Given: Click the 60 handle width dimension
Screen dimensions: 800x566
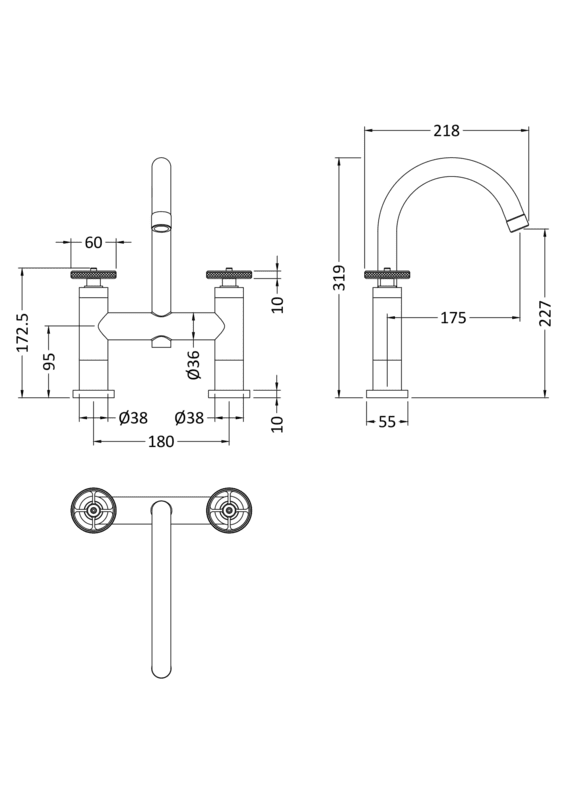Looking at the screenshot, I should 93,242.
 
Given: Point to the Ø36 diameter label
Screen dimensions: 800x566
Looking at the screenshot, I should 194,364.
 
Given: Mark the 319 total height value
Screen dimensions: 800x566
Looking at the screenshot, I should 340,277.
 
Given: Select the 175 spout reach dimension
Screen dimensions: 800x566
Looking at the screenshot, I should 453,319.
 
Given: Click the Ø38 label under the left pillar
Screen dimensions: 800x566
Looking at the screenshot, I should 134,418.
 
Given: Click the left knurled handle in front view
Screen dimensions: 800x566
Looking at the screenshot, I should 94,273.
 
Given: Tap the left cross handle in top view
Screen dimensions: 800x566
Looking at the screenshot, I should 94,511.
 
